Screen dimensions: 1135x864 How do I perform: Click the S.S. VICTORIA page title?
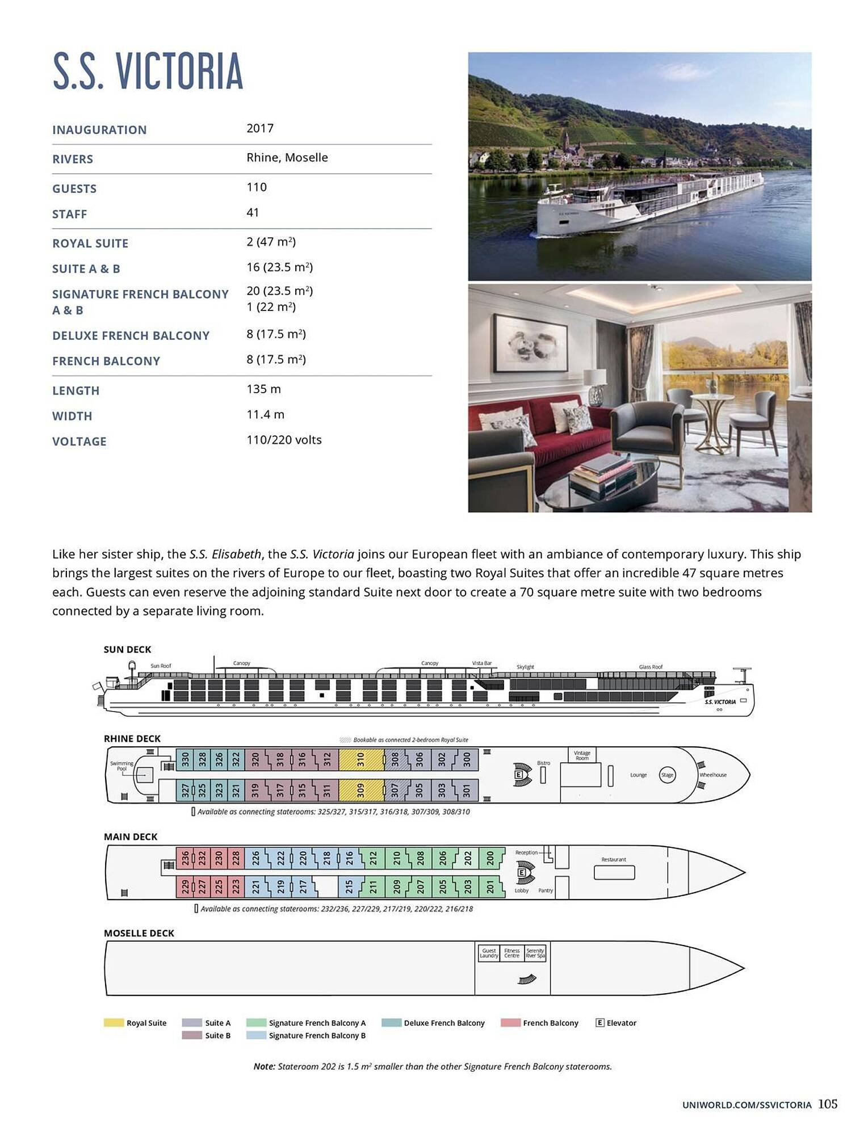click(x=148, y=71)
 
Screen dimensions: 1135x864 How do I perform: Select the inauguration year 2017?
click(x=259, y=128)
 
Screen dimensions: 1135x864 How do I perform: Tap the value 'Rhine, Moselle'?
click(x=287, y=158)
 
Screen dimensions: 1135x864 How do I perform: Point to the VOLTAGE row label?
click(x=79, y=442)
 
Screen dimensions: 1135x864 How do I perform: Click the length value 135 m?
click(x=263, y=389)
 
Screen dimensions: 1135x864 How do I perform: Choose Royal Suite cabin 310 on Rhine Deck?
click(x=360, y=760)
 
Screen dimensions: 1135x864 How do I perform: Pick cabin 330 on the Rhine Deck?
click(x=185, y=760)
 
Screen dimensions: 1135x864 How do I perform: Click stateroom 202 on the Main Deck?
click(x=468, y=857)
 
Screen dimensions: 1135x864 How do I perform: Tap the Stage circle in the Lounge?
click(x=667, y=775)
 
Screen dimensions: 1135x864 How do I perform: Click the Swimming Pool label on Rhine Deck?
click(x=121, y=766)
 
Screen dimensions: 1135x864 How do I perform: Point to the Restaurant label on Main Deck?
click(x=614, y=860)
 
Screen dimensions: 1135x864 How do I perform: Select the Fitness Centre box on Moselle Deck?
click(x=511, y=953)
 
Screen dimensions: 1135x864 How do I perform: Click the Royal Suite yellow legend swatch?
click(x=114, y=1023)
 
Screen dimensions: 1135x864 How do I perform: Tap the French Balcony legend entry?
click(x=550, y=1023)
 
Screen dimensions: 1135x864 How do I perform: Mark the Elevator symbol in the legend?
click(x=599, y=1023)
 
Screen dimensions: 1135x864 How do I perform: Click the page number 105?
click(x=828, y=1104)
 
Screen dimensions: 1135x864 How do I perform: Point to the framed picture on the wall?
click(x=530, y=343)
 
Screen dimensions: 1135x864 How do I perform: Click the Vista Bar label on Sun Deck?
click(x=481, y=663)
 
